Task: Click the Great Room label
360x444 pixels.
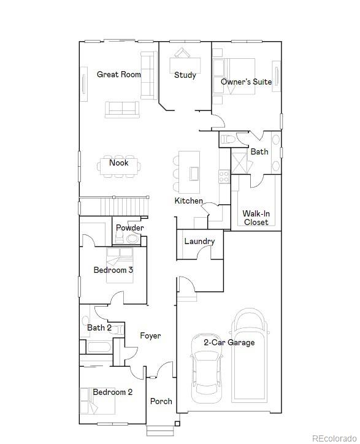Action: point(118,75)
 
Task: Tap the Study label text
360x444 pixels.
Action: point(185,75)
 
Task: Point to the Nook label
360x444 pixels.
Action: point(118,163)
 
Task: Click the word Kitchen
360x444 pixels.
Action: point(188,201)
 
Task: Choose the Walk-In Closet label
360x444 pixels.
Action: point(256,218)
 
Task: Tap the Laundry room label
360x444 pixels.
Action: point(199,242)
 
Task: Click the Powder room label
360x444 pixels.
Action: point(129,228)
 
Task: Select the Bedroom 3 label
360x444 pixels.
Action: point(113,270)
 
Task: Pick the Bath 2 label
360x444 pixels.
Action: point(99,328)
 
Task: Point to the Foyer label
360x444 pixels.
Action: point(150,336)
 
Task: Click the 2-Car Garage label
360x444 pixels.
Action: point(229,343)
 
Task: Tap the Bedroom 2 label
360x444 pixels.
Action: point(112,392)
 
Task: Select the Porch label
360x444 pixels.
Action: point(161,402)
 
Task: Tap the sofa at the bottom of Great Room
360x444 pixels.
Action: point(121,109)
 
